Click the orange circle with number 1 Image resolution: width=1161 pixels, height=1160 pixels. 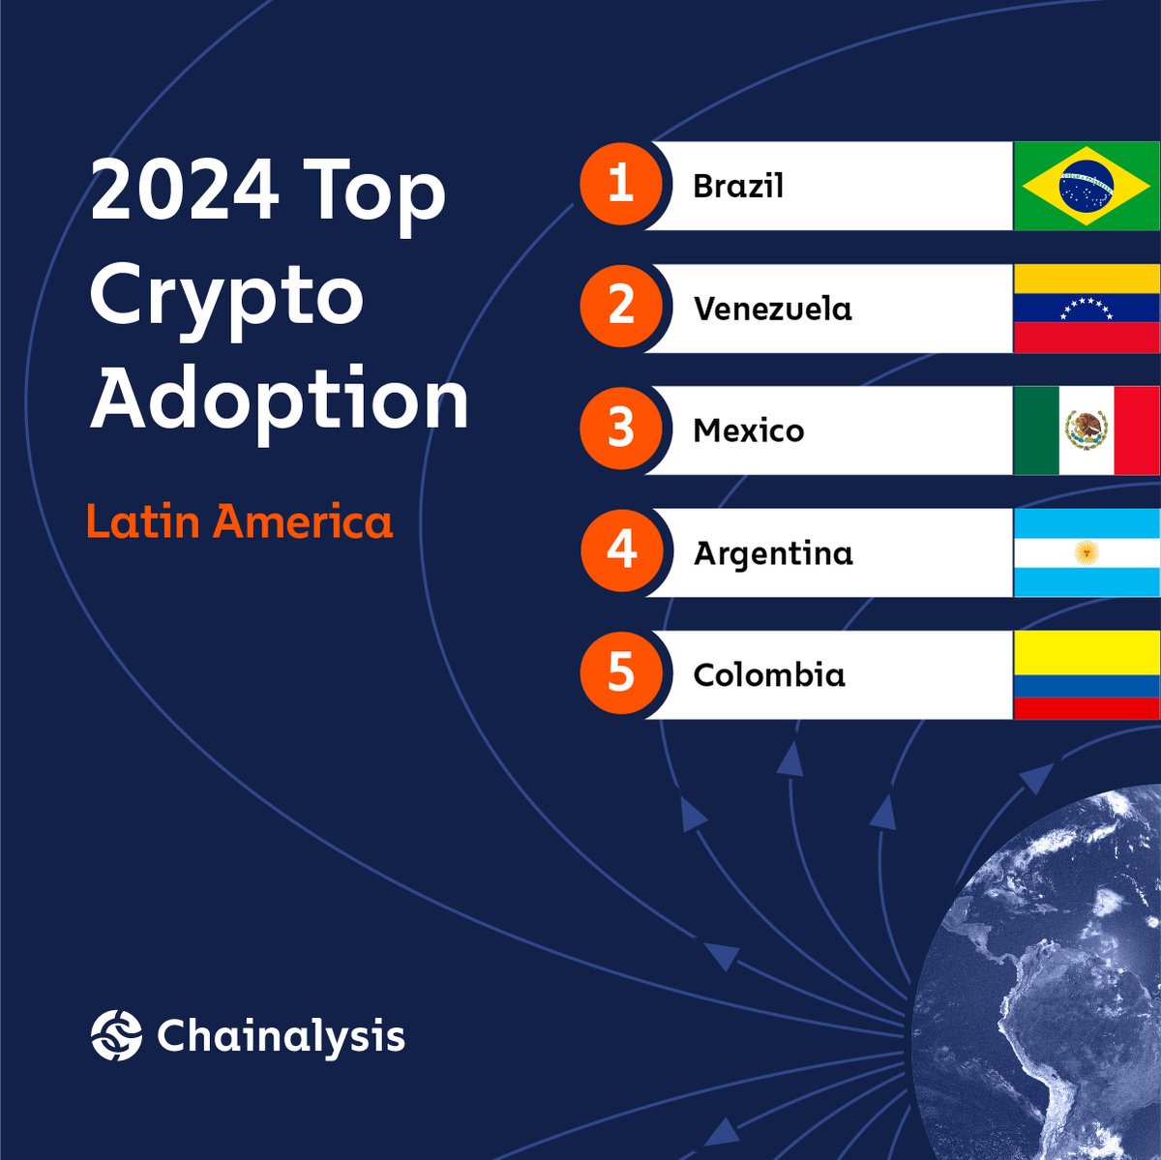click(621, 185)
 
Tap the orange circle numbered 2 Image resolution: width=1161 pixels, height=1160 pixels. click(621, 308)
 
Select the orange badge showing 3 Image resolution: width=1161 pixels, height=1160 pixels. click(621, 430)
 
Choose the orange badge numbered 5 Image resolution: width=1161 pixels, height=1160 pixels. click(621, 674)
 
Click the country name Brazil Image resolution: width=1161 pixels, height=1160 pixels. click(738, 186)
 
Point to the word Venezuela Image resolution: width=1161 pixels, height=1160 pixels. click(773, 309)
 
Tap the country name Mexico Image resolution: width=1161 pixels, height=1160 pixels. click(749, 431)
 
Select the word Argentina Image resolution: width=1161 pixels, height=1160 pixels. click(773, 554)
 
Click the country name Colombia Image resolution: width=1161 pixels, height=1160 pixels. click(769, 674)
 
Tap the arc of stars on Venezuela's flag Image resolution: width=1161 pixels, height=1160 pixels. click(1087, 308)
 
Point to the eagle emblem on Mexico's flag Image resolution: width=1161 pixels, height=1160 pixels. click(1087, 429)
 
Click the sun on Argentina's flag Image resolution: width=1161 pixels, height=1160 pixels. click(1087, 552)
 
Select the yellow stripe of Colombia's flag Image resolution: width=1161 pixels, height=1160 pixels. click(1087, 653)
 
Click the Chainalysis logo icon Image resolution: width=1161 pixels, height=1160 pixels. click(116, 1035)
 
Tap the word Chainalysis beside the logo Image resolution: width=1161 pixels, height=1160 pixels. click(281, 1036)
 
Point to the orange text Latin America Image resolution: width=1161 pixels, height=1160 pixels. click(240, 521)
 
